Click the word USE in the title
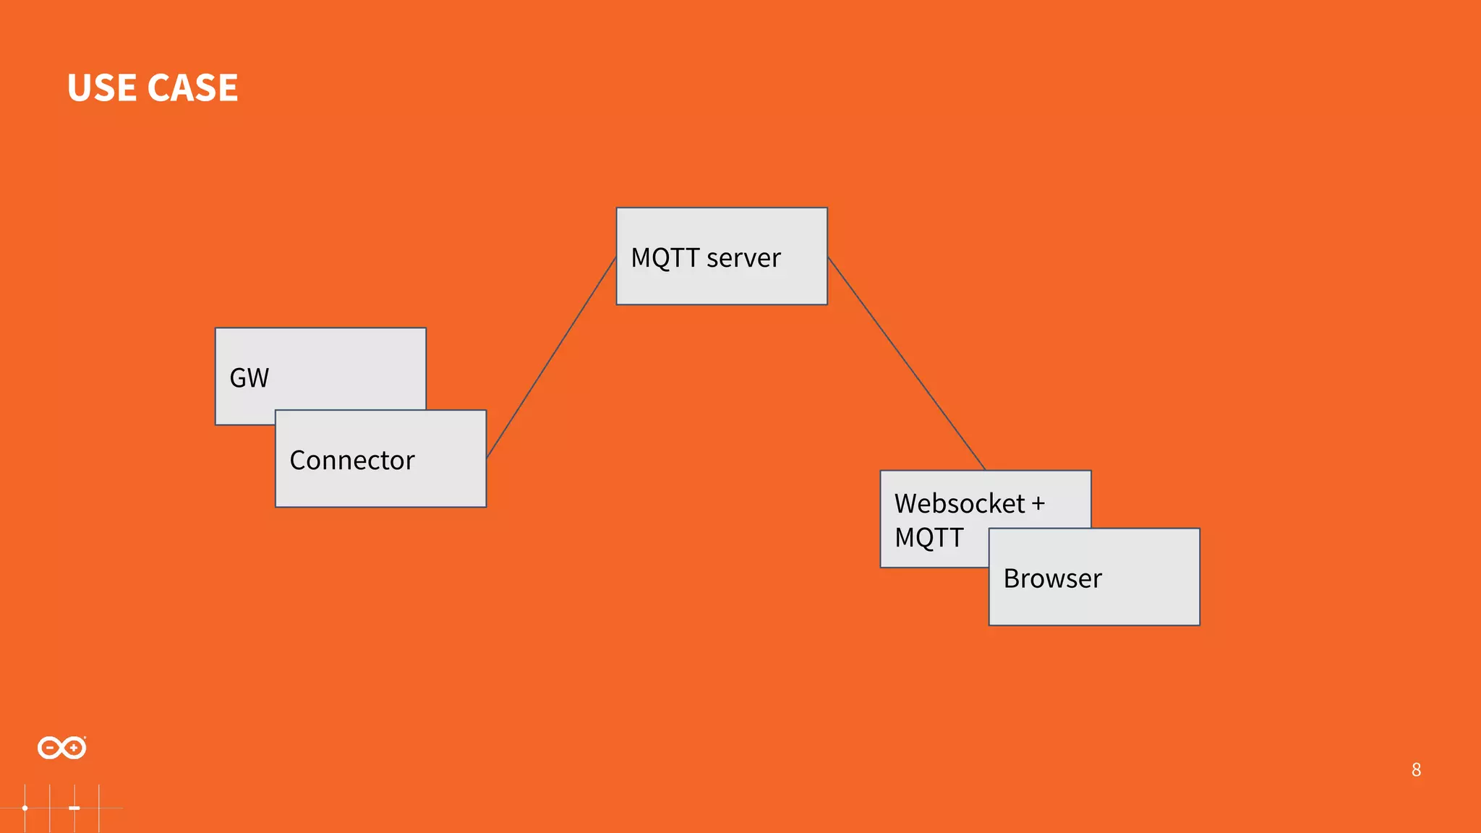click(102, 88)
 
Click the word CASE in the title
click(192, 88)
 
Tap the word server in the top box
click(743, 258)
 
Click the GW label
click(249, 377)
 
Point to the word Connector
click(352, 461)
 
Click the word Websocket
click(960, 503)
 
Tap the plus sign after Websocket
click(1038, 504)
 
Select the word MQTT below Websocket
click(929, 538)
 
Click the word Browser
click(1052, 578)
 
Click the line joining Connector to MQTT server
click(551, 358)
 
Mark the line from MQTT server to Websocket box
click(906, 363)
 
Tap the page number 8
click(1416, 770)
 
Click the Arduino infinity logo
click(62, 748)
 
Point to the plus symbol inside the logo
click(73, 748)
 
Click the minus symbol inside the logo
click(51, 748)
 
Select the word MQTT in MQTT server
click(665, 258)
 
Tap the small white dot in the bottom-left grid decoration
click(25, 808)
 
